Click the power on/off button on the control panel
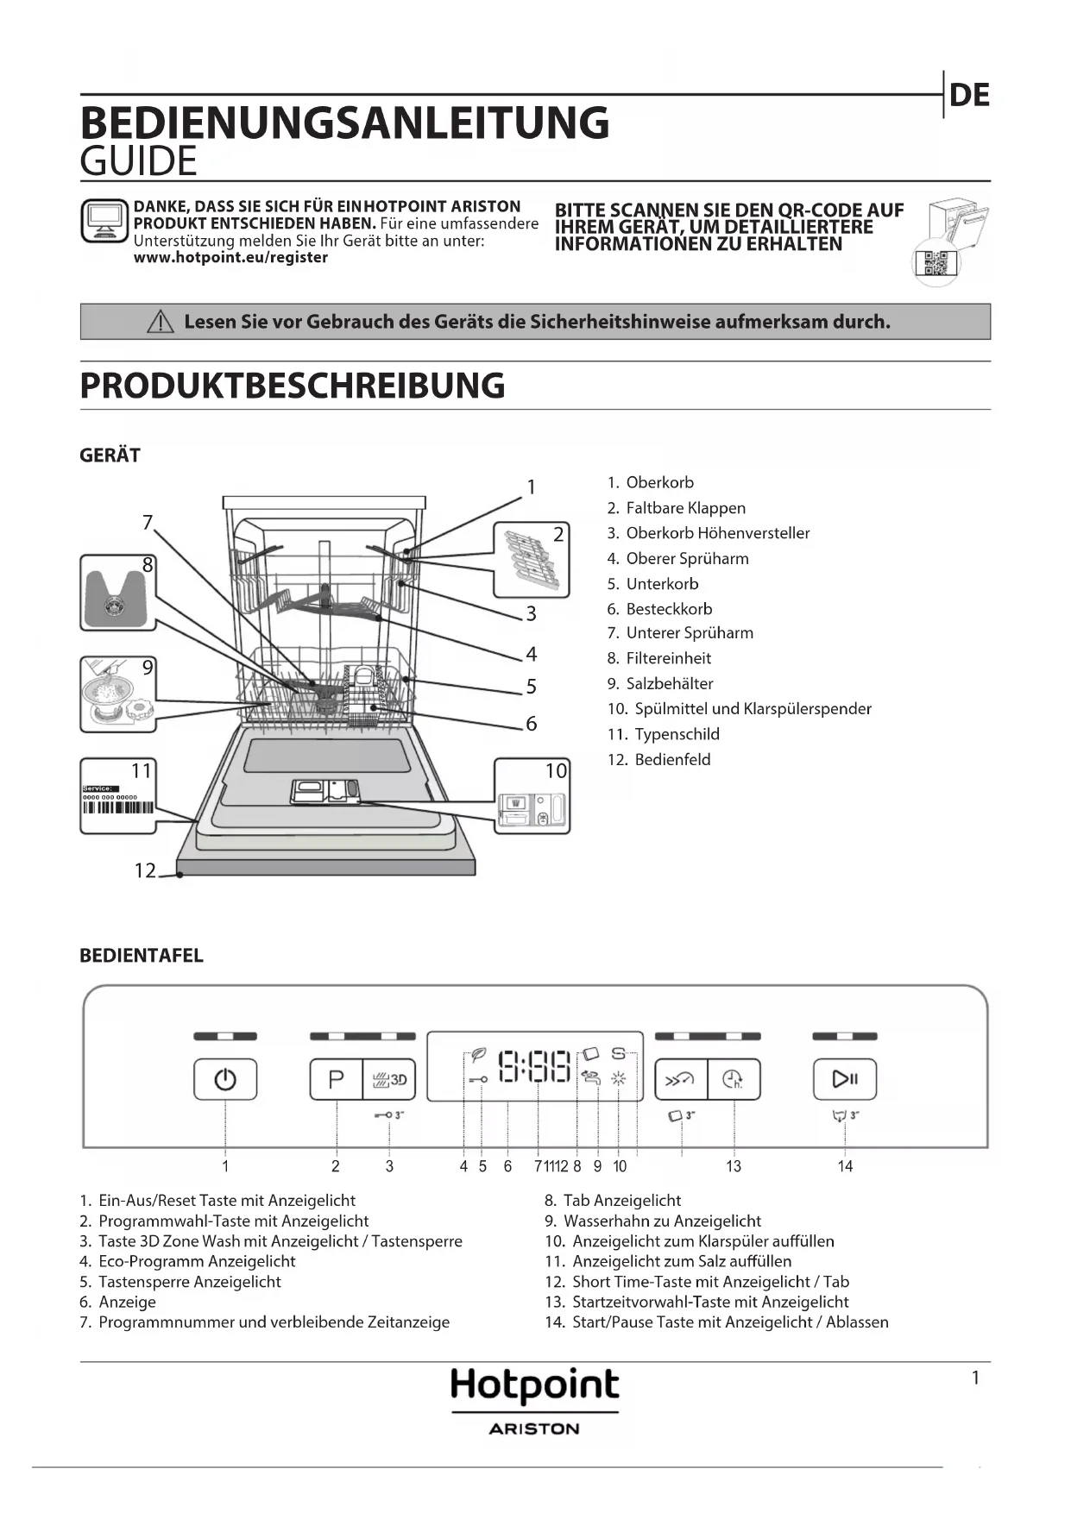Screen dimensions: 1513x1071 point(225,1079)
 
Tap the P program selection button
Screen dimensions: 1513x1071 point(336,1079)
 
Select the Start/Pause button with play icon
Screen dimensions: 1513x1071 point(845,1079)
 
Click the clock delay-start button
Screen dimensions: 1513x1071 point(734,1079)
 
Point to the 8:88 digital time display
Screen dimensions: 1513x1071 point(535,1067)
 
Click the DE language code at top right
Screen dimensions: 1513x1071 point(969,95)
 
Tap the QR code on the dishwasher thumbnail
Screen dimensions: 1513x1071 point(936,264)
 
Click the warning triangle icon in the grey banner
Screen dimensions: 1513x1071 point(161,323)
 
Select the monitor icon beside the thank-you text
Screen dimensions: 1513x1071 point(104,221)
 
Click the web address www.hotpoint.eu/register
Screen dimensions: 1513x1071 point(230,257)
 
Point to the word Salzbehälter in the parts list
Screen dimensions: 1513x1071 point(670,683)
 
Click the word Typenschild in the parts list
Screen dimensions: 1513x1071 point(677,734)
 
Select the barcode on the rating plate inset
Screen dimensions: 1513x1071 point(118,808)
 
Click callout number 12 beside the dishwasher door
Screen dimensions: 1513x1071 point(145,870)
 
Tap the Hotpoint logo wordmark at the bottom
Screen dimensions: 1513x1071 point(535,1385)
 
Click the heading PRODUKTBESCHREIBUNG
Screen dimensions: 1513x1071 point(293,386)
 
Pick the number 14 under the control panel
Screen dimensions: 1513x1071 point(845,1166)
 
